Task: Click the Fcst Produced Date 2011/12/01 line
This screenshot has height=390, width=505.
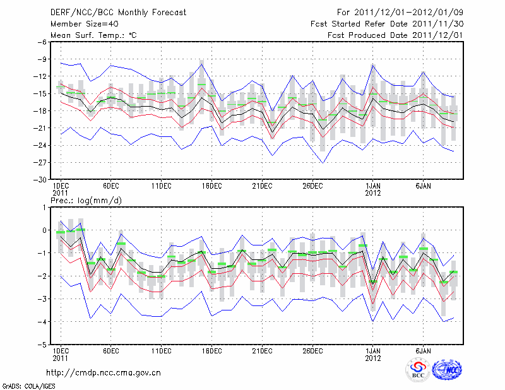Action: point(395,35)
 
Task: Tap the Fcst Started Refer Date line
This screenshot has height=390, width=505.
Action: point(387,23)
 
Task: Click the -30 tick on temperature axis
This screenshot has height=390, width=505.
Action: point(40,180)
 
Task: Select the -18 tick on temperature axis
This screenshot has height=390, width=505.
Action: point(40,111)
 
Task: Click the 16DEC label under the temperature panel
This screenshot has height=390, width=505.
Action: point(212,186)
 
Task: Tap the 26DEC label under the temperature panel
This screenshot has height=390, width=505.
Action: point(312,186)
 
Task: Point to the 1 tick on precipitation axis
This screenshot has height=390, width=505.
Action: point(44,207)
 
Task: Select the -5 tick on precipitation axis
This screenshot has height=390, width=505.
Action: point(42,345)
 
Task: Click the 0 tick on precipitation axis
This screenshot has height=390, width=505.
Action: point(44,230)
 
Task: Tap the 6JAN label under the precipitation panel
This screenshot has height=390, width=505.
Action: point(423,351)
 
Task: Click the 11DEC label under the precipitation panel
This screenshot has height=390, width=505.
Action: point(162,351)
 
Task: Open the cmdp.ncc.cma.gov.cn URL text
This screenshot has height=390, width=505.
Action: point(104,372)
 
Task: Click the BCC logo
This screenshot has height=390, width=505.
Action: point(418,371)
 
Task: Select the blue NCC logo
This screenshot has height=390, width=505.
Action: point(448,370)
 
